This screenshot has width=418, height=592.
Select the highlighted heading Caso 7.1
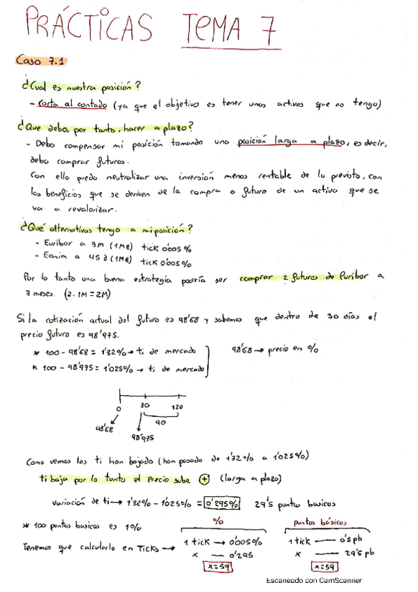coord(40,61)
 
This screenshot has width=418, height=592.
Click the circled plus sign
coord(204,478)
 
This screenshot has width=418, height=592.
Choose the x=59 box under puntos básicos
coord(324,566)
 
